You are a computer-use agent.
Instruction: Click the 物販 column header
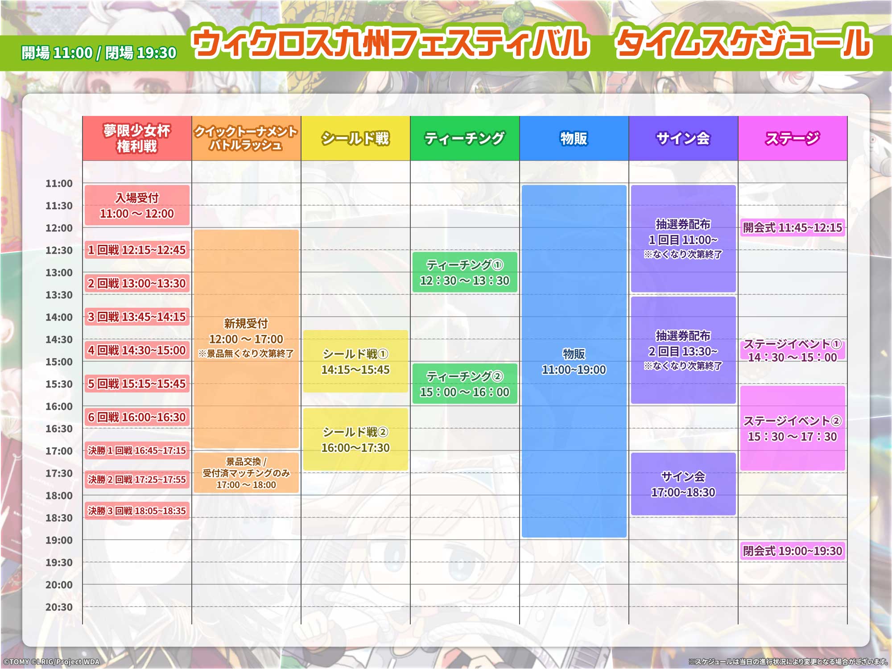coord(574,138)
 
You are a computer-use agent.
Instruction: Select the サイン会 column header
coord(683,138)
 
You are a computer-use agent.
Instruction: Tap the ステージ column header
coord(793,138)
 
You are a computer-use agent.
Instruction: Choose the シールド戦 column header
coord(355,138)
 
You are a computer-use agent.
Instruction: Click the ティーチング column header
coord(465,138)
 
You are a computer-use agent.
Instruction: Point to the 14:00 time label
coord(59,317)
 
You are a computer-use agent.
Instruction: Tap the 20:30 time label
coord(59,607)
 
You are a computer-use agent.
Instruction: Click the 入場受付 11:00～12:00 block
coord(137,205)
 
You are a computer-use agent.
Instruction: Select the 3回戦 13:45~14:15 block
coord(137,317)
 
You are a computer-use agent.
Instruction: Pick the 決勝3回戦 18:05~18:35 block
coord(137,511)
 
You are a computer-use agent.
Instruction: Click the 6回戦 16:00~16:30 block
coord(137,417)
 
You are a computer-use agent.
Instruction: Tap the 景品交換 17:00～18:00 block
coord(246,473)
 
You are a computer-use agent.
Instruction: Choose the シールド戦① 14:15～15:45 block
coord(355,361)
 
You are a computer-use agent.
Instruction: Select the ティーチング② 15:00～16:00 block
coord(465,384)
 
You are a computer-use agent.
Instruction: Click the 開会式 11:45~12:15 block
coord(793,227)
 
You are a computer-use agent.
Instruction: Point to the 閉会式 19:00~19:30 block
coord(793,551)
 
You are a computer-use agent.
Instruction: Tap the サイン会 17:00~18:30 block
coord(683,484)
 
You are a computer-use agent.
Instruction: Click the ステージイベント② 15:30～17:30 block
coord(793,428)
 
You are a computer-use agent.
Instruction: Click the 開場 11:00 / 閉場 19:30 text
coord(99,53)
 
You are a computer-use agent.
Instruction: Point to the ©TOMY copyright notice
coord(51,662)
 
